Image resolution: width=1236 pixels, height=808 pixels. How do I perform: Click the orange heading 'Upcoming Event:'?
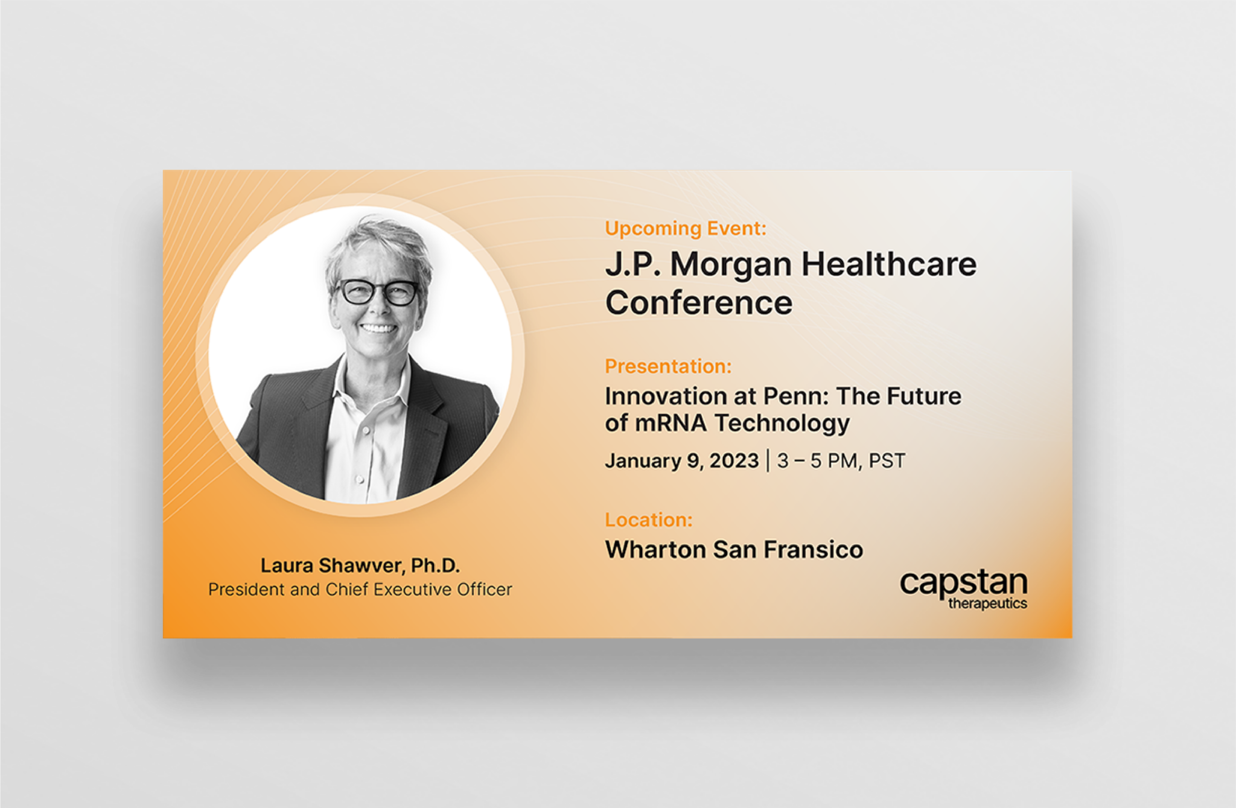click(x=685, y=228)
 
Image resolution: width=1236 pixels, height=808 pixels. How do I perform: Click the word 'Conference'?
click(x=698, y=303)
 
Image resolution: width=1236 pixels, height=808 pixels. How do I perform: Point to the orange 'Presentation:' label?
click(x=667, y=366)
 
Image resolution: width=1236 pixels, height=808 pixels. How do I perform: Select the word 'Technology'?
click(x=782, y=424)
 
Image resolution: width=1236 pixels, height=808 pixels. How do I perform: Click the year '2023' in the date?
click(x=733, y=460)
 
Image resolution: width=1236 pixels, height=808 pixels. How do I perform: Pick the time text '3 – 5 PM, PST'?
click(x=841, y=460)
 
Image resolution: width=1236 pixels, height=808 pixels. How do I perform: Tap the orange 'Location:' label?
click(x=648, y=520)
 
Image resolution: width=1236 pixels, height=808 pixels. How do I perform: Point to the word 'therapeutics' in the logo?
click(x=987, y=603)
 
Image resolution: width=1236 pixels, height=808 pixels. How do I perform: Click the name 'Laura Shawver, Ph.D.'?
click(x=360, y=565)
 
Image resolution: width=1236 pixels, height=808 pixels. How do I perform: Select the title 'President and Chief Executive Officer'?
click(x=360, y=589)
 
